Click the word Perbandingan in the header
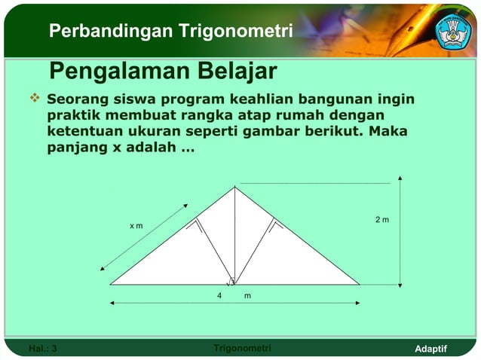coord(111,32)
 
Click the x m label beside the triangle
coord(136,225)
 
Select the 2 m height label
coord(382,220)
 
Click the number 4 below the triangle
coord(219,295)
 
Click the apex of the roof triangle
coord(234,187)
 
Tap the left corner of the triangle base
coord(111,284)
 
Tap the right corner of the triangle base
coord(359,284)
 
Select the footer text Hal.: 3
coord(42,348)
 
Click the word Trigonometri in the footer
coord(243,348)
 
